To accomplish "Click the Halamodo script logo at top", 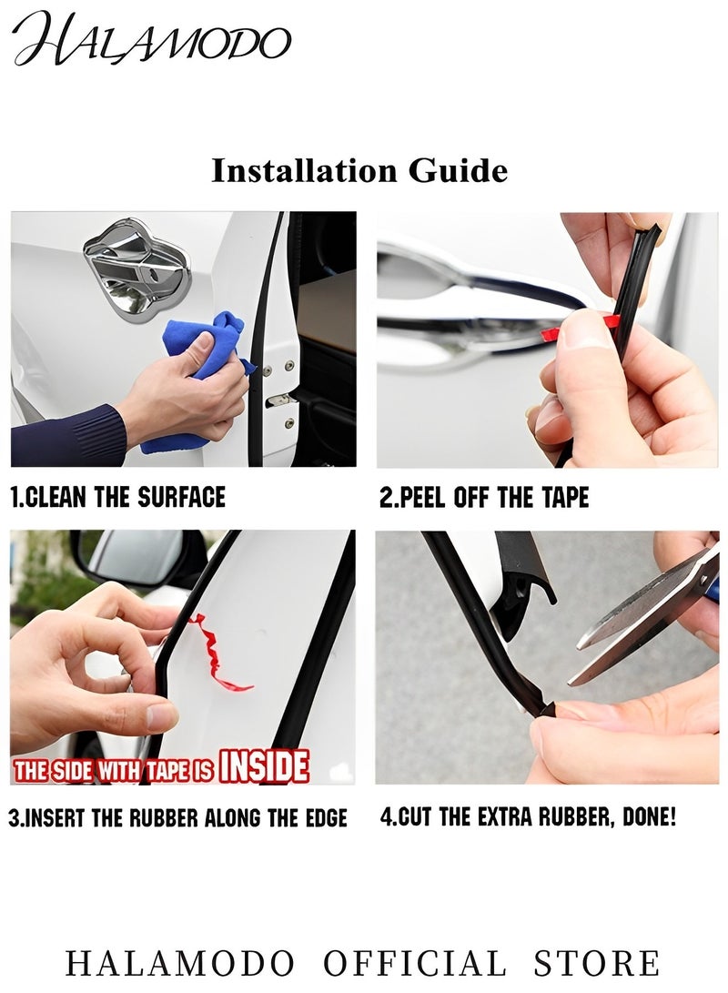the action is pyautogui.click(x=152, y=39).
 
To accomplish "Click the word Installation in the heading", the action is pyautogui.click(x=305, y=171).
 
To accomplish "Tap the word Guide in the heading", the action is pyautogui.click(x=458, y=171).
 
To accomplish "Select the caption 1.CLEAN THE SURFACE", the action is pyautogui.click(x=118, y=497).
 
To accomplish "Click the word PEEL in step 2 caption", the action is pyautogui.click(x=421, y=498).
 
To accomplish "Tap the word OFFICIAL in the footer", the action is pyautogui.click(x=415, y=963).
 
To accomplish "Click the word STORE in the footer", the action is pyautogui.click(x=596, y=963).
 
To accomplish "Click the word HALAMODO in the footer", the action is pyautogui.click(x=180, y=963).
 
